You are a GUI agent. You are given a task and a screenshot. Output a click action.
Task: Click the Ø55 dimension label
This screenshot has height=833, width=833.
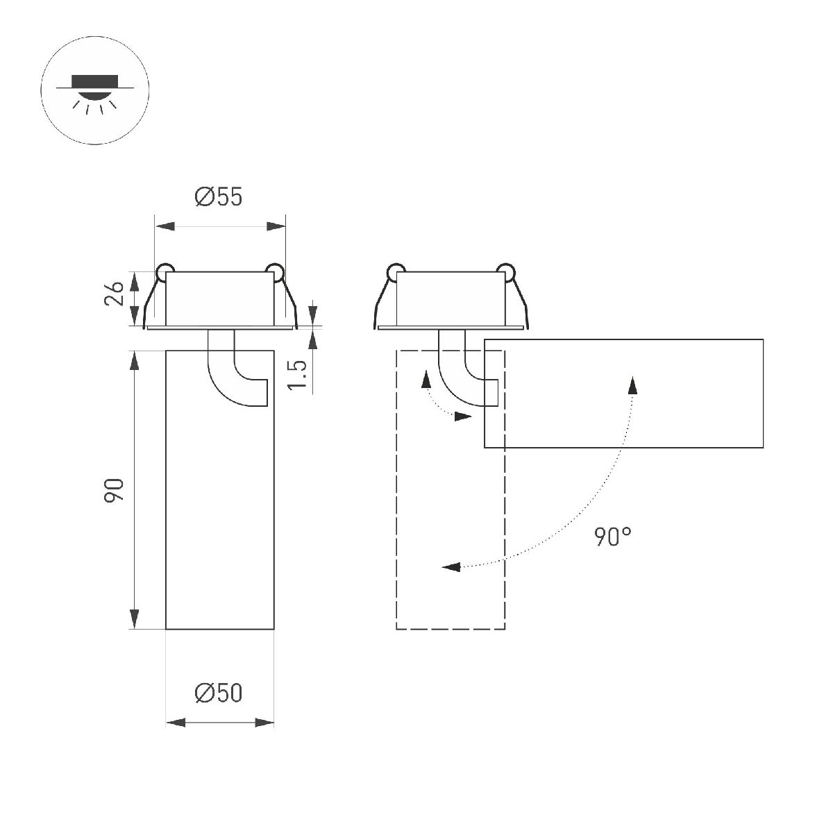219,198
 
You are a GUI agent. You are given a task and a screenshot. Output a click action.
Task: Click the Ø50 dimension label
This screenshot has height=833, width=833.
219,693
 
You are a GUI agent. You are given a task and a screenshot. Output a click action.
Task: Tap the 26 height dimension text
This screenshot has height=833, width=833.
116,294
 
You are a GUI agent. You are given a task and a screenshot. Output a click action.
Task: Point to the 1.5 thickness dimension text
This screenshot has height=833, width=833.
297,375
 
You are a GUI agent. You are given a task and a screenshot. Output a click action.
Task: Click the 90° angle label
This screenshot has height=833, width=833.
613,537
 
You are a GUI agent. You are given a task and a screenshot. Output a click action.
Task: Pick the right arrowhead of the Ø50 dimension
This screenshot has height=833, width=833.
266,723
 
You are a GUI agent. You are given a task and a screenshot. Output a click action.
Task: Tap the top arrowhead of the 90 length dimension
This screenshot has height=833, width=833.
134,361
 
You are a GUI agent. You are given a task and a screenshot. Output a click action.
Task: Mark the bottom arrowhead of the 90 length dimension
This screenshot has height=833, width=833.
134,620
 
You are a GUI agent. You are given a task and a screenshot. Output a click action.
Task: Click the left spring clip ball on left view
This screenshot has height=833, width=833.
165,271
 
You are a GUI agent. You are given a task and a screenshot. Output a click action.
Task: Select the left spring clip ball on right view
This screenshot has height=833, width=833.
395,271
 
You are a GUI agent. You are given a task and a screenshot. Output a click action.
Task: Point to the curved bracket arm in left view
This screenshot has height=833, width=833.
229,375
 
